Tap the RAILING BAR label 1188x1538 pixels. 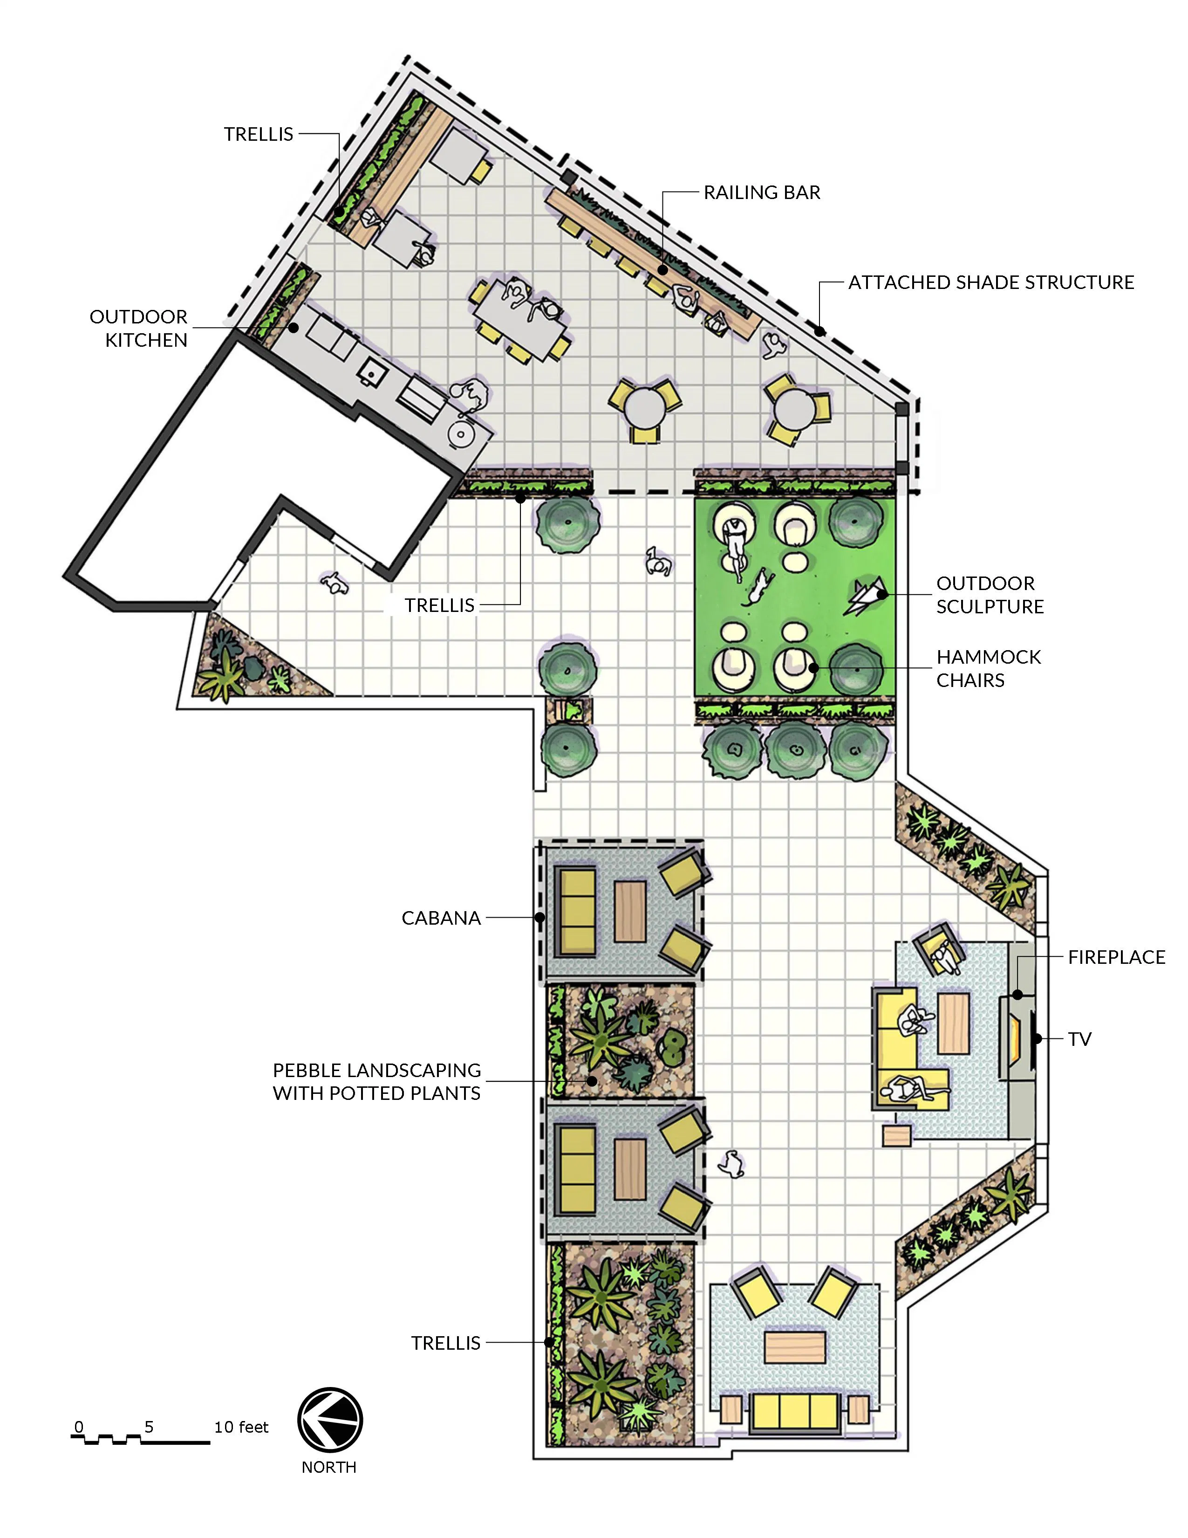(x=762, y=192)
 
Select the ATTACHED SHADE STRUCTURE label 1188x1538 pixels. (x=991, y=282)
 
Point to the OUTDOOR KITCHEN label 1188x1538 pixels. (x=139, y=328)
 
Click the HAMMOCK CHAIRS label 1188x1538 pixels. (x=988, y=668)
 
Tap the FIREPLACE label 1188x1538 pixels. (x=1116, y=957)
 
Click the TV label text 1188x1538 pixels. (x=1079, y=1039)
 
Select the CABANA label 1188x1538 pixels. (x=441, y=918)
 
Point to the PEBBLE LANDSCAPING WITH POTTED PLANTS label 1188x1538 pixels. (x=376, y=1082)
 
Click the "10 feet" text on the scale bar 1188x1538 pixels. (x=241, y=1427)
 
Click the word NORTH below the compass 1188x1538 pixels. (x=328, y=1467)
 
